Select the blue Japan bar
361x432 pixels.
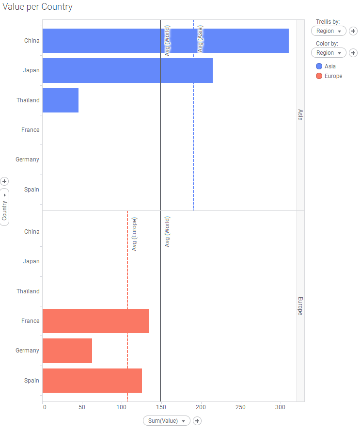pos(127,70)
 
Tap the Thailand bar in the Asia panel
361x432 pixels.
pos(61,100)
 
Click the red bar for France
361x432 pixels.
pos(96,321)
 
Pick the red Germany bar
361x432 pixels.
pos(67,351)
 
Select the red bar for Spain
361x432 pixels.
pos(92,381)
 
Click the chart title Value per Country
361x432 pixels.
pos(37,7)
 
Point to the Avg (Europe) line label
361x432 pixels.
pos(134,234)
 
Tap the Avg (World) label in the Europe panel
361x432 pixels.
pos(167,232)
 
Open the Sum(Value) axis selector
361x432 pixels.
pos(166,421)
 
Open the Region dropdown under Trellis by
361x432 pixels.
pos(329,31)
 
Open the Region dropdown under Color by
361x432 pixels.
pos(329,53)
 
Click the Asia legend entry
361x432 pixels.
pos(330,66)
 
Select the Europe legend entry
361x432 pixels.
pos(332,76)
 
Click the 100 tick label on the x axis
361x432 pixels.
pos(122,408)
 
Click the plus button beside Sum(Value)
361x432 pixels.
pos(197,421)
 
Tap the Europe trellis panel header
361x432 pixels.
pos(300,306)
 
